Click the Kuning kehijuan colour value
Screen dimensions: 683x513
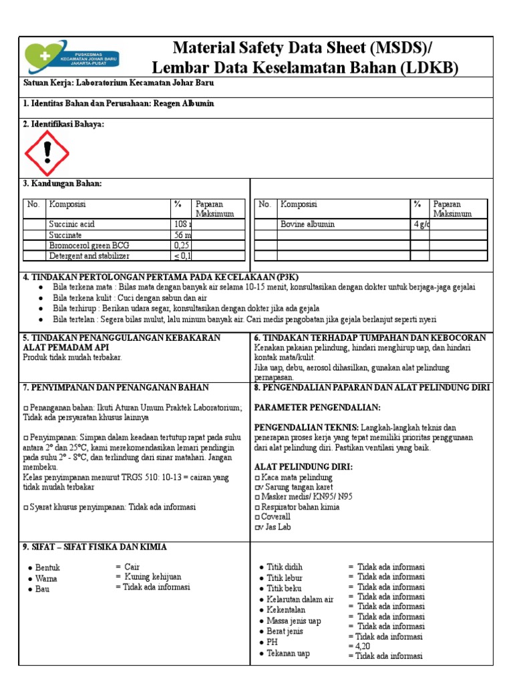(152, 577)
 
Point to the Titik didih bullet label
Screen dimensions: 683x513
(285, 568)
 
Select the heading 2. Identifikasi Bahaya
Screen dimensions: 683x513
(63, 124)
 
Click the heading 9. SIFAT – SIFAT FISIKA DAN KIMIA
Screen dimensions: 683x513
(95, 547)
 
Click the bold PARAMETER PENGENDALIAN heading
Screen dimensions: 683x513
(317, 408)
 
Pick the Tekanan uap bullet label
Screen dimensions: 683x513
(288, 654)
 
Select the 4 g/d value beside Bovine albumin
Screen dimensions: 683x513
(421, 224)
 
